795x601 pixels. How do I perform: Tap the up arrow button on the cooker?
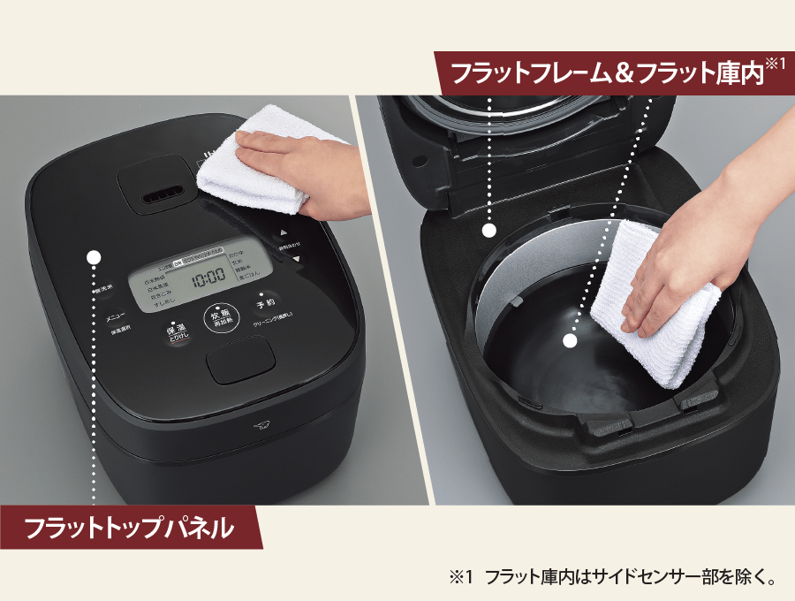(285, 233)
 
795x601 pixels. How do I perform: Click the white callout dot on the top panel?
(95, 257)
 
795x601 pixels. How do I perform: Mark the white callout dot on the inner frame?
(488, 231)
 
